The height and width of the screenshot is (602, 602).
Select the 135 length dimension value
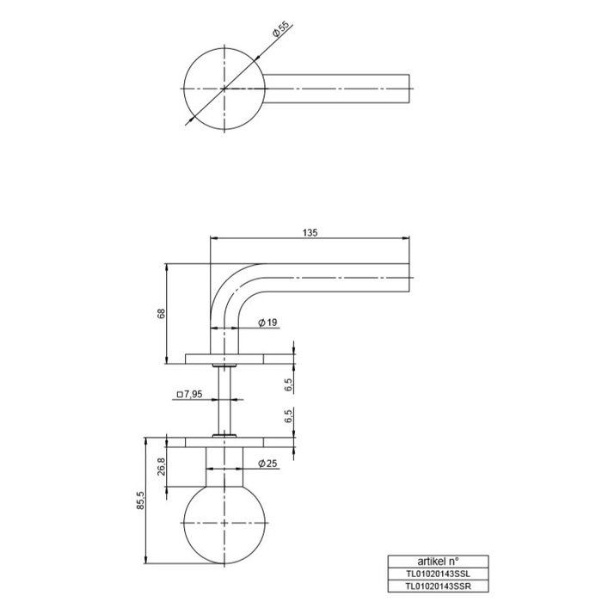[310, 232]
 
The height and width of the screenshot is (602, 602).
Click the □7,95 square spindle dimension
[189, 396]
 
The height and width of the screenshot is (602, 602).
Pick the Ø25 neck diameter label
[267, 464]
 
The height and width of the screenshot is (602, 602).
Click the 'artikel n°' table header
[438, 559]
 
